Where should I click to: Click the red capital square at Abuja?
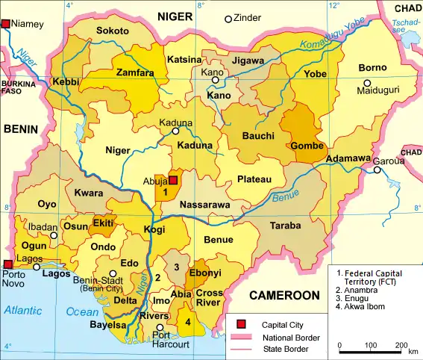tap(173, 180)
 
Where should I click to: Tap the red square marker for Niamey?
tap(7, 25)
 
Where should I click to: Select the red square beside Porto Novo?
tap(7, 264)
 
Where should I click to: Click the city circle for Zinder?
tap(228, 18)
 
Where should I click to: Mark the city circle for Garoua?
tap(377, 170)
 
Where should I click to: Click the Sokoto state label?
tap(113, 31)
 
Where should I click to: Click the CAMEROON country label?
tap(284, 296)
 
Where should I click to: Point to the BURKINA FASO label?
tap(18, 87)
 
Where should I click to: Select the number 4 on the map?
tap(188, 322)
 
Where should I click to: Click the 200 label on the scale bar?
tap(401, 345)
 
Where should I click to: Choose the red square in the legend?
tap(241, 324)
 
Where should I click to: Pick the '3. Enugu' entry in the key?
tap(357, 297)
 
